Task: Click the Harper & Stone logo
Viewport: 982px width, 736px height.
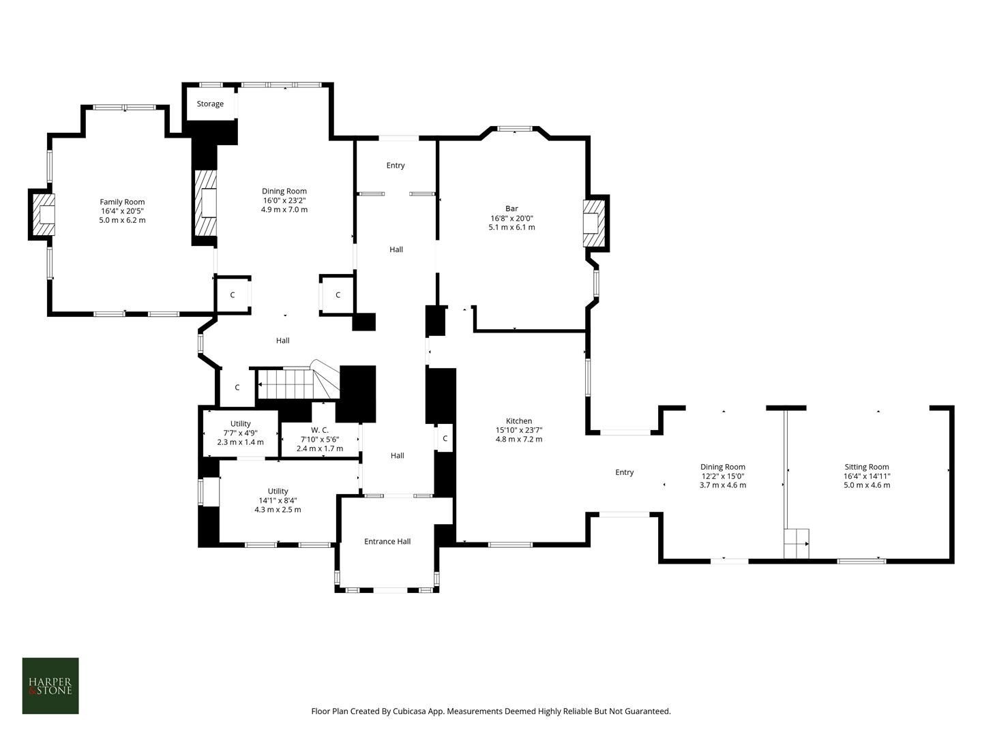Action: (x=50, y=686)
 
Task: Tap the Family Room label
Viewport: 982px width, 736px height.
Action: (x=122, y=202)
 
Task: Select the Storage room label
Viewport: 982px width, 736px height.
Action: (x=210, y=104)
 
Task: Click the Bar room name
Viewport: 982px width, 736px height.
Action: (x=511, y=209)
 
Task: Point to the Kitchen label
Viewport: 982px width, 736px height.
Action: (x=519, y=421)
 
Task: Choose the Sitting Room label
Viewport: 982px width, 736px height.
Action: (x=867, y=467)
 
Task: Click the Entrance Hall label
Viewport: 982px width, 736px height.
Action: (x=387, y=542)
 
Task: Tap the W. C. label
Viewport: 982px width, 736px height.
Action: (x=320, y=430)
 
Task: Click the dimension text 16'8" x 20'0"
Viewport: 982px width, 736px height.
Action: (x=511, y=219)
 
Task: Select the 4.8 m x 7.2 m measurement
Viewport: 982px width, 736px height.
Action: (x=519, y=440)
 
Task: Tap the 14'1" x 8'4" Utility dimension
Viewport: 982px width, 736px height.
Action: (x=278, y=500)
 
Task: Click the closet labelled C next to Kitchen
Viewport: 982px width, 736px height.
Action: (x=445, y=439)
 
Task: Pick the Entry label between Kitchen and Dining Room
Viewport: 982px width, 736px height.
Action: (x=625, y=472)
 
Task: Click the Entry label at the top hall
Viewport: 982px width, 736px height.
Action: (x=396, y=166)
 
